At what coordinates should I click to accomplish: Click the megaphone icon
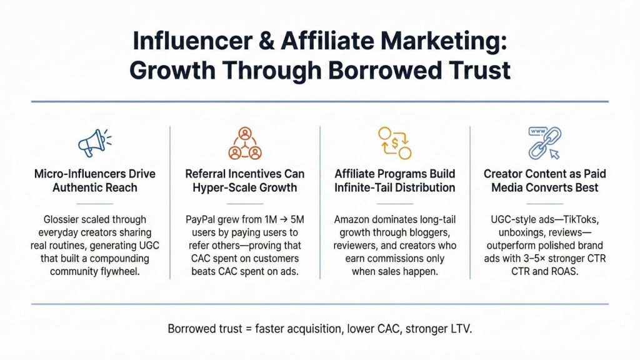pyautogui.click(x=94, y=143)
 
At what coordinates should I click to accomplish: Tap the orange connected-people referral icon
pyautogui.click(x=244, y=143)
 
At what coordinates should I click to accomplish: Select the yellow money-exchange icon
pyautogui.click(x=395, y=143)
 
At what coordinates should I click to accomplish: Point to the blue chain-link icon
pyautogui.click(x=545, y=143)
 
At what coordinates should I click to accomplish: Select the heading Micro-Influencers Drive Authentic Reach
pyautogui.click(x=94, y=180)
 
